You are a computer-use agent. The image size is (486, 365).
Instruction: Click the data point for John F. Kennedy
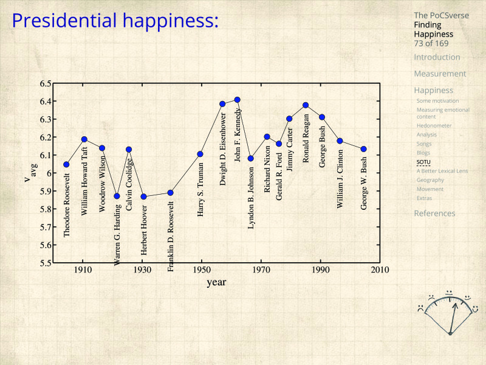pos(237,100)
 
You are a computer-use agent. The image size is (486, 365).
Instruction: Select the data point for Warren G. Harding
pos(117,196)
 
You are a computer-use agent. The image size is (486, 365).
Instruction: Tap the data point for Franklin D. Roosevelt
pos(170,193)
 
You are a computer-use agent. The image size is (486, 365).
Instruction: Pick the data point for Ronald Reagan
pos(306,105)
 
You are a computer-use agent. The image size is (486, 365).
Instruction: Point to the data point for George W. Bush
pos(363,149)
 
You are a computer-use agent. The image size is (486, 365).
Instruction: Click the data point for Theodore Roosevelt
pos(66,164)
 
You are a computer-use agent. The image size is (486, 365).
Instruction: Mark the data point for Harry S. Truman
pos(200,154)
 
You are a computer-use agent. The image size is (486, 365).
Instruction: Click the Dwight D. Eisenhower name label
pos(223,139)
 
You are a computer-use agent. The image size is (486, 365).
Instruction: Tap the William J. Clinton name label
pos(340,179)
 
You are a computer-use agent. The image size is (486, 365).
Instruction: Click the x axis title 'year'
pos(216,282)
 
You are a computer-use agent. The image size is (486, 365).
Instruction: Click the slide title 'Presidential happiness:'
pos(115,21)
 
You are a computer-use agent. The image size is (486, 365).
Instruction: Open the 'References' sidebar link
pos(434,214)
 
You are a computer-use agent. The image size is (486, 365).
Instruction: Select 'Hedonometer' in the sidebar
pos(434,126)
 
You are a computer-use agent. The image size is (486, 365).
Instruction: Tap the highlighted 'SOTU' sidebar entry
pos(423,162)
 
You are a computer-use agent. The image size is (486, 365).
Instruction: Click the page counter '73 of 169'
pos(431,43)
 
